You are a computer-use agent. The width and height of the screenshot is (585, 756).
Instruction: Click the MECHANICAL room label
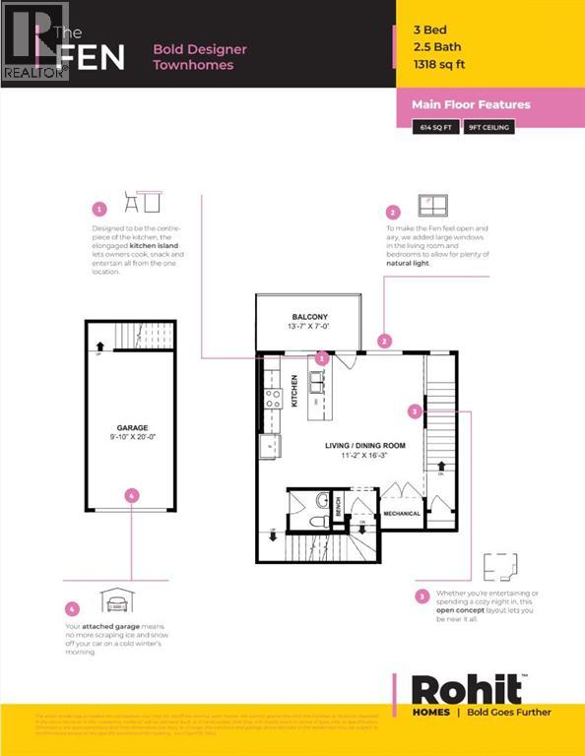point(401,514)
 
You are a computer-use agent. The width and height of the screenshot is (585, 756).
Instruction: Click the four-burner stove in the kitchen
point(273,399)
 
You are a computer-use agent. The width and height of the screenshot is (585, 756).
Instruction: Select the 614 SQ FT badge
point(435,127)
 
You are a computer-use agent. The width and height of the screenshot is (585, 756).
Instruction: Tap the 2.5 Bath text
point(436,47)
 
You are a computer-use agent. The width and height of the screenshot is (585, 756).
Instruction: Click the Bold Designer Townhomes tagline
point(200,57)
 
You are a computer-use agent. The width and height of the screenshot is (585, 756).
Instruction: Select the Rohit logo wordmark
point(466,688)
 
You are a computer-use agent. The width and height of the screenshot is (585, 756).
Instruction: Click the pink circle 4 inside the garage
point(132,496)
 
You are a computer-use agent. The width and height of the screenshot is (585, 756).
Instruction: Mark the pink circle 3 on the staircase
point(417,410)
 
